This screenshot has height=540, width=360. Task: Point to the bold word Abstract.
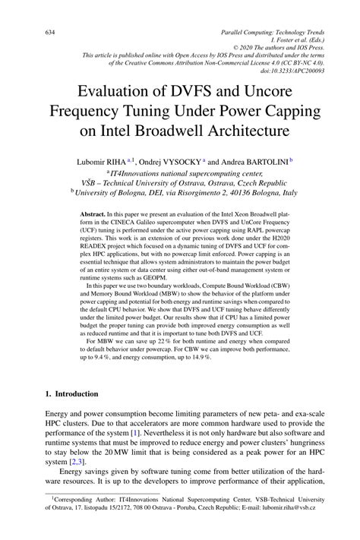pos(94,215)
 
